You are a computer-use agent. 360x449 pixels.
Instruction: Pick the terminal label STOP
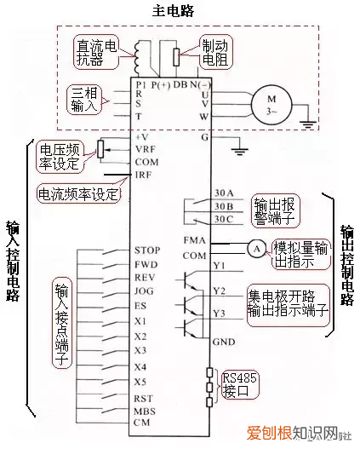146,250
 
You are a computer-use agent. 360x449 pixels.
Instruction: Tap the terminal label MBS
144,411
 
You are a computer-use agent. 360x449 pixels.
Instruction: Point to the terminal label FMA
194,242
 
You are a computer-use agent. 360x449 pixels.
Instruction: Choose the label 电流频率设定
78,193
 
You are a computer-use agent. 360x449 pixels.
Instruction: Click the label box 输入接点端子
61,322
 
